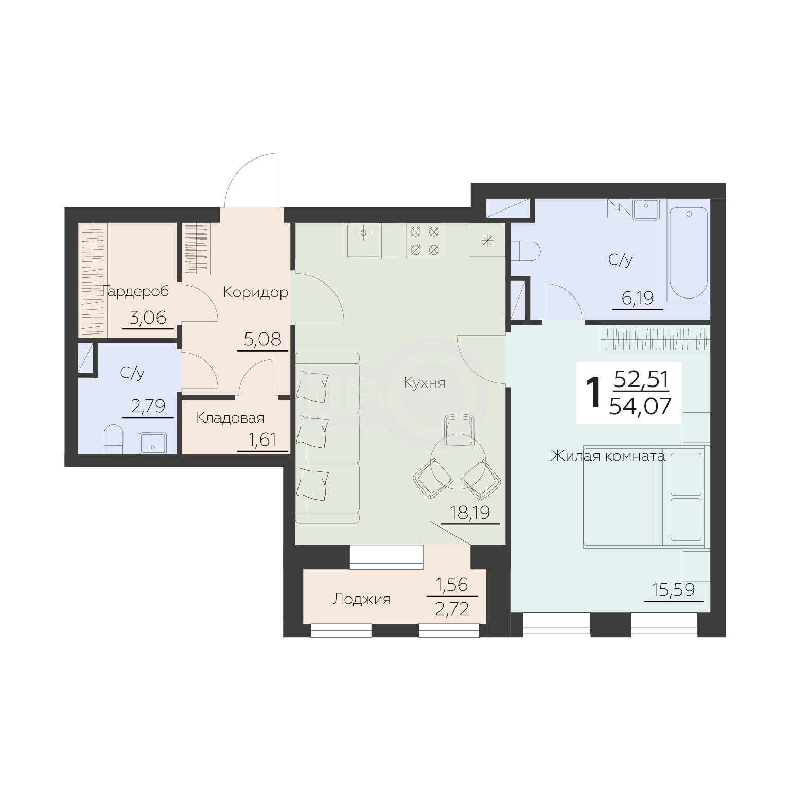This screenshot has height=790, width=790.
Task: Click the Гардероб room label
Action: click(x=135, y=292)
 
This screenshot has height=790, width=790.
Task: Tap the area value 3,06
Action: click(x=148, y=318)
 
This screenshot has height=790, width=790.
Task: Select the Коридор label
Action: click(x=255, y=293)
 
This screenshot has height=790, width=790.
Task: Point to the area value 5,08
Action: click(x=262, y=339)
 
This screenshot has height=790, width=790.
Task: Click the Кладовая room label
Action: click(x=230, y=418)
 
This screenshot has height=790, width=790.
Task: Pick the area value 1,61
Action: click(x=263, y=440)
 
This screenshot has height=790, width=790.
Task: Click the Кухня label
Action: click(x=424, y=383)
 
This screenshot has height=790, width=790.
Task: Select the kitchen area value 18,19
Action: click(x=469, y=513)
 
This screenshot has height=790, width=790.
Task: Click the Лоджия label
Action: click(x=362, y=599)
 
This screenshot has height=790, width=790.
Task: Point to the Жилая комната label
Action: click(x=607, y=456)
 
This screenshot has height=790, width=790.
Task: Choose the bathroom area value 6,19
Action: click(x=637, y=298)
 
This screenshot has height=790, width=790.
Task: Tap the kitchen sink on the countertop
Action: click(x=363, y=240)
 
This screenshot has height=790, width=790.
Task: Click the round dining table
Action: click(x=457, y=461)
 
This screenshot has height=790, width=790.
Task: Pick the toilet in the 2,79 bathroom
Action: click(x=113, y=441)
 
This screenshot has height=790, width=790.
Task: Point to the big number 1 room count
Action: click(x=594, y=393)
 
